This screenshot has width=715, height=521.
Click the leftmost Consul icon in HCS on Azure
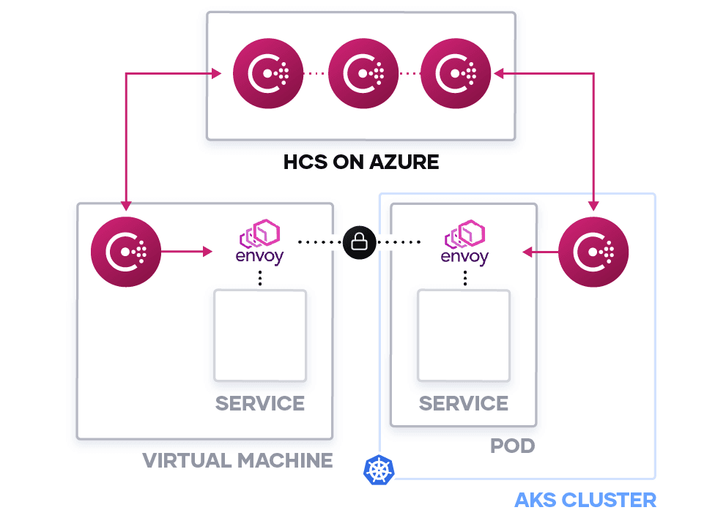point(268,73)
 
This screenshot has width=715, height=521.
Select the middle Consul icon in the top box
point(363,73)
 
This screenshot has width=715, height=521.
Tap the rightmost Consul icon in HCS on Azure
point(456,73)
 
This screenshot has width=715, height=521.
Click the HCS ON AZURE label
point(361,162)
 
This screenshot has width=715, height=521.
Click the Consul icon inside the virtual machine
point(126,252)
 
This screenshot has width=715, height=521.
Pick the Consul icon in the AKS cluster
point(593,252)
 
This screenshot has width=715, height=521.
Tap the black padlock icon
point(359,241)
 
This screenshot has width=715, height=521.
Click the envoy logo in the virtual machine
point(259,244)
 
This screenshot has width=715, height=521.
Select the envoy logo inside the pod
point(464,244)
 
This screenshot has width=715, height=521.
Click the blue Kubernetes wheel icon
point(379,470)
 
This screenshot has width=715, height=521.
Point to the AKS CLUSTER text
point(585,501)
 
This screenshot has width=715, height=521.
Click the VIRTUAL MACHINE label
point(237,460)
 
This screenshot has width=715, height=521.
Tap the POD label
point(512,445)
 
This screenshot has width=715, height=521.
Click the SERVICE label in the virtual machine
point(260,403)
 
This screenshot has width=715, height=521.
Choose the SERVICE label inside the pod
point(464,403)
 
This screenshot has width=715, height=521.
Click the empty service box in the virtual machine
point(260,335)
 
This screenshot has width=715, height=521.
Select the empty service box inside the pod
point(464,335)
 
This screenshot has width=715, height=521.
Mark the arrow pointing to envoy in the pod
point(540,252)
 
